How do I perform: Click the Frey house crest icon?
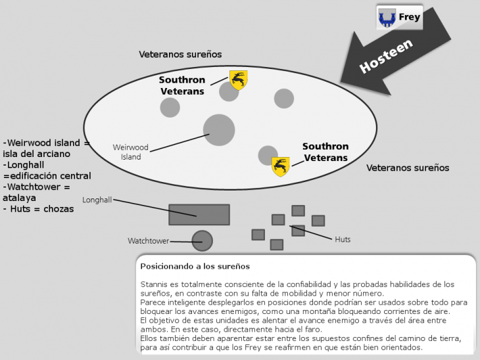[387, 18]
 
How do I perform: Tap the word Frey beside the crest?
[409, 17]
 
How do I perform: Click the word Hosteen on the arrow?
[386, 56]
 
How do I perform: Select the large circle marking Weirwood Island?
[218, 129]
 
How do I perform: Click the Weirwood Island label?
[130, 152]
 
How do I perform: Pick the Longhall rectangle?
[199, 215]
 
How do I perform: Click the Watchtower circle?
[202, 241]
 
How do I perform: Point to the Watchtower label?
[149, 241]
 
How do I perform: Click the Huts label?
[343, 239]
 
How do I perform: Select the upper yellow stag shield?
[238, 79]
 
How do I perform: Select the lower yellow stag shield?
[281, 166]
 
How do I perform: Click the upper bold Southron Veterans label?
[182, 85]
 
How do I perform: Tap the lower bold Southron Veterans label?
[325, 152]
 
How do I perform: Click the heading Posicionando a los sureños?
[195, 266]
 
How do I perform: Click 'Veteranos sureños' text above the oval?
[180, 55]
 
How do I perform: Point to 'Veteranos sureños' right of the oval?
[408, 168]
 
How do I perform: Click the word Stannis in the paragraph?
[155, 284]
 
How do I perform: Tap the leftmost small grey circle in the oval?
[170, 108]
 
